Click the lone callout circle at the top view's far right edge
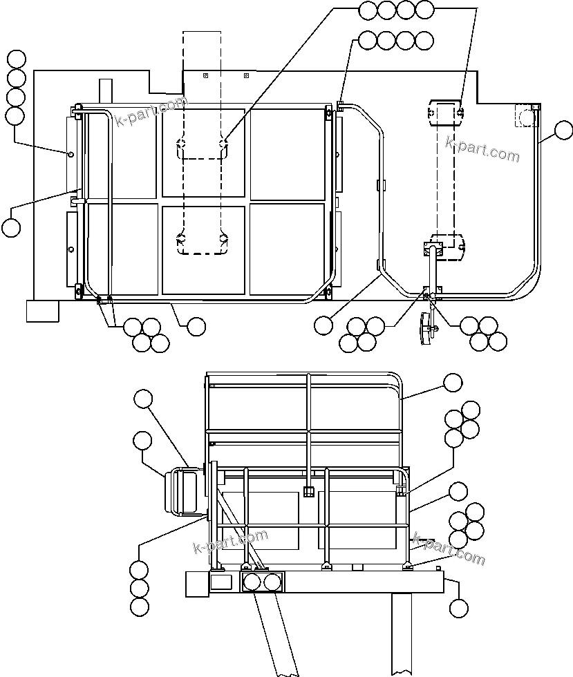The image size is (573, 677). [564, 130]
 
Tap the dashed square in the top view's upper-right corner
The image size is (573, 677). [526, 115]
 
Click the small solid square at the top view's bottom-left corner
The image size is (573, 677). [42, 311]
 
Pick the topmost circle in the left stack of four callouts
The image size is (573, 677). [15, 59]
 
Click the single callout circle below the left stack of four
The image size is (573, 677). [11, 227]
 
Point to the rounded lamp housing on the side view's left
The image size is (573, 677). [182, 491]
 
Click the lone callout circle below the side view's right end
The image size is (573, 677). [458, 608]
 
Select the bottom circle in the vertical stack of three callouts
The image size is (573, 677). [139, 607]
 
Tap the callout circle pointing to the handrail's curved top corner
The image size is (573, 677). [453, 382]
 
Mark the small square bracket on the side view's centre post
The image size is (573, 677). [309, 491]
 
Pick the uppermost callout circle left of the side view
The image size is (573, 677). [143, 398]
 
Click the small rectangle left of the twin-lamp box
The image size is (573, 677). [220, 582]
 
